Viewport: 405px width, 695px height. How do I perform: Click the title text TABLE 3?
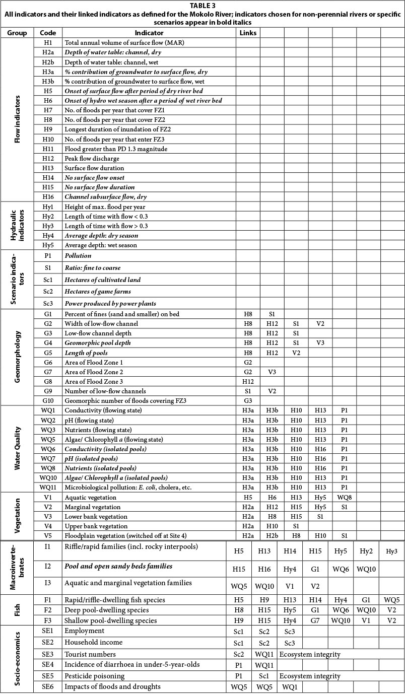click(202, 6)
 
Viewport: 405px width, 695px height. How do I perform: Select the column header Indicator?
click(149, 33)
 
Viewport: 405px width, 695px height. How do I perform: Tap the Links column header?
click(248, 33)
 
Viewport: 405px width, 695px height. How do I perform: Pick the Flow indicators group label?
click(18, 120)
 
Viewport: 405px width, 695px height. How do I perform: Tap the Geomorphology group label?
click(18, 357)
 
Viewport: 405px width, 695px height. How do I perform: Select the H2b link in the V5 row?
click(272, 535)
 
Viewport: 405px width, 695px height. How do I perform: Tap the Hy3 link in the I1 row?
click(391, 551)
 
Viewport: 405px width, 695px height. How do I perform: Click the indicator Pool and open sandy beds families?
click(118, 567)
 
